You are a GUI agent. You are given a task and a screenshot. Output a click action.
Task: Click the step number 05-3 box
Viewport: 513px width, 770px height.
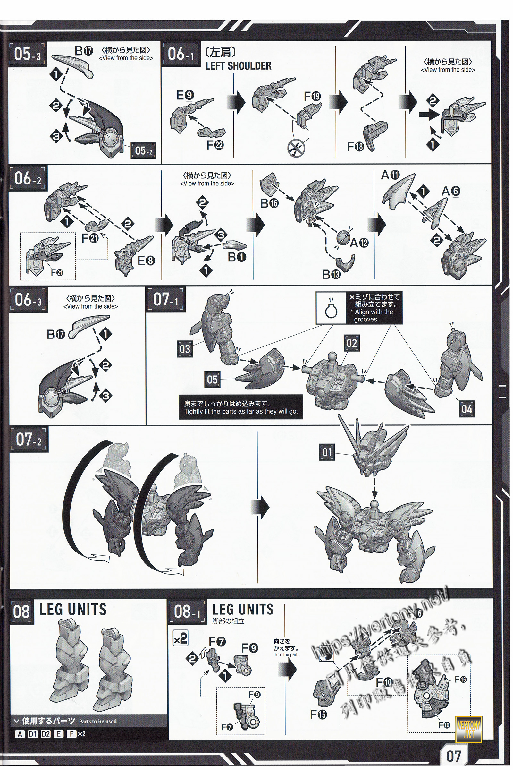point(27,54)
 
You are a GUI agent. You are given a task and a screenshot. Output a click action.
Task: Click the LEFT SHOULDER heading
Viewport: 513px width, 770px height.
point(238,66)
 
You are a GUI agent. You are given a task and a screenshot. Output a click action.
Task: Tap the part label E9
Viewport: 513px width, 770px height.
point(185,95)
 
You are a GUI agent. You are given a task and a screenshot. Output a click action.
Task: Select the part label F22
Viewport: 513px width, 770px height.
point(215,145)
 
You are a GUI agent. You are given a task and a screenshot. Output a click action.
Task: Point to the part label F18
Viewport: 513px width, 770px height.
point(356,146)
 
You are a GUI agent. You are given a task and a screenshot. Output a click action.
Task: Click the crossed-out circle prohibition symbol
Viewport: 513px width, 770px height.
point(296,148)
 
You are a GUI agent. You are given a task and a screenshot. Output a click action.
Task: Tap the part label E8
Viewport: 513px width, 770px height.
point(146,261)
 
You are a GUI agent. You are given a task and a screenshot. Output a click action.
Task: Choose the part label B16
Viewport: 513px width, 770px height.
point(269,203)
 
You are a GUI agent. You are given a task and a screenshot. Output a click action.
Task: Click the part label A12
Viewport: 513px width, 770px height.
point(359,243)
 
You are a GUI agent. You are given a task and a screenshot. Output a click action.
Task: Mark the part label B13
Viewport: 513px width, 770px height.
point(331,274)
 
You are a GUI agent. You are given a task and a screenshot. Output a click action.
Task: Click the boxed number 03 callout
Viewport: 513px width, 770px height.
point(185,349)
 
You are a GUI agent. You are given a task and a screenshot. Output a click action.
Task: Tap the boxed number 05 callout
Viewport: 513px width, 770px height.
point(212,380)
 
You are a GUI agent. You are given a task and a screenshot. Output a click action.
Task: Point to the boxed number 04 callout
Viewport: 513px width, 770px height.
point(467,409)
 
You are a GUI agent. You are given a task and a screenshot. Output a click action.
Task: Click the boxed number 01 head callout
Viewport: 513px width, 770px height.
point(327,452)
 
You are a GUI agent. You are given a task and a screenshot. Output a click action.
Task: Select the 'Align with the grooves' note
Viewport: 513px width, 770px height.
point(373,308)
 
